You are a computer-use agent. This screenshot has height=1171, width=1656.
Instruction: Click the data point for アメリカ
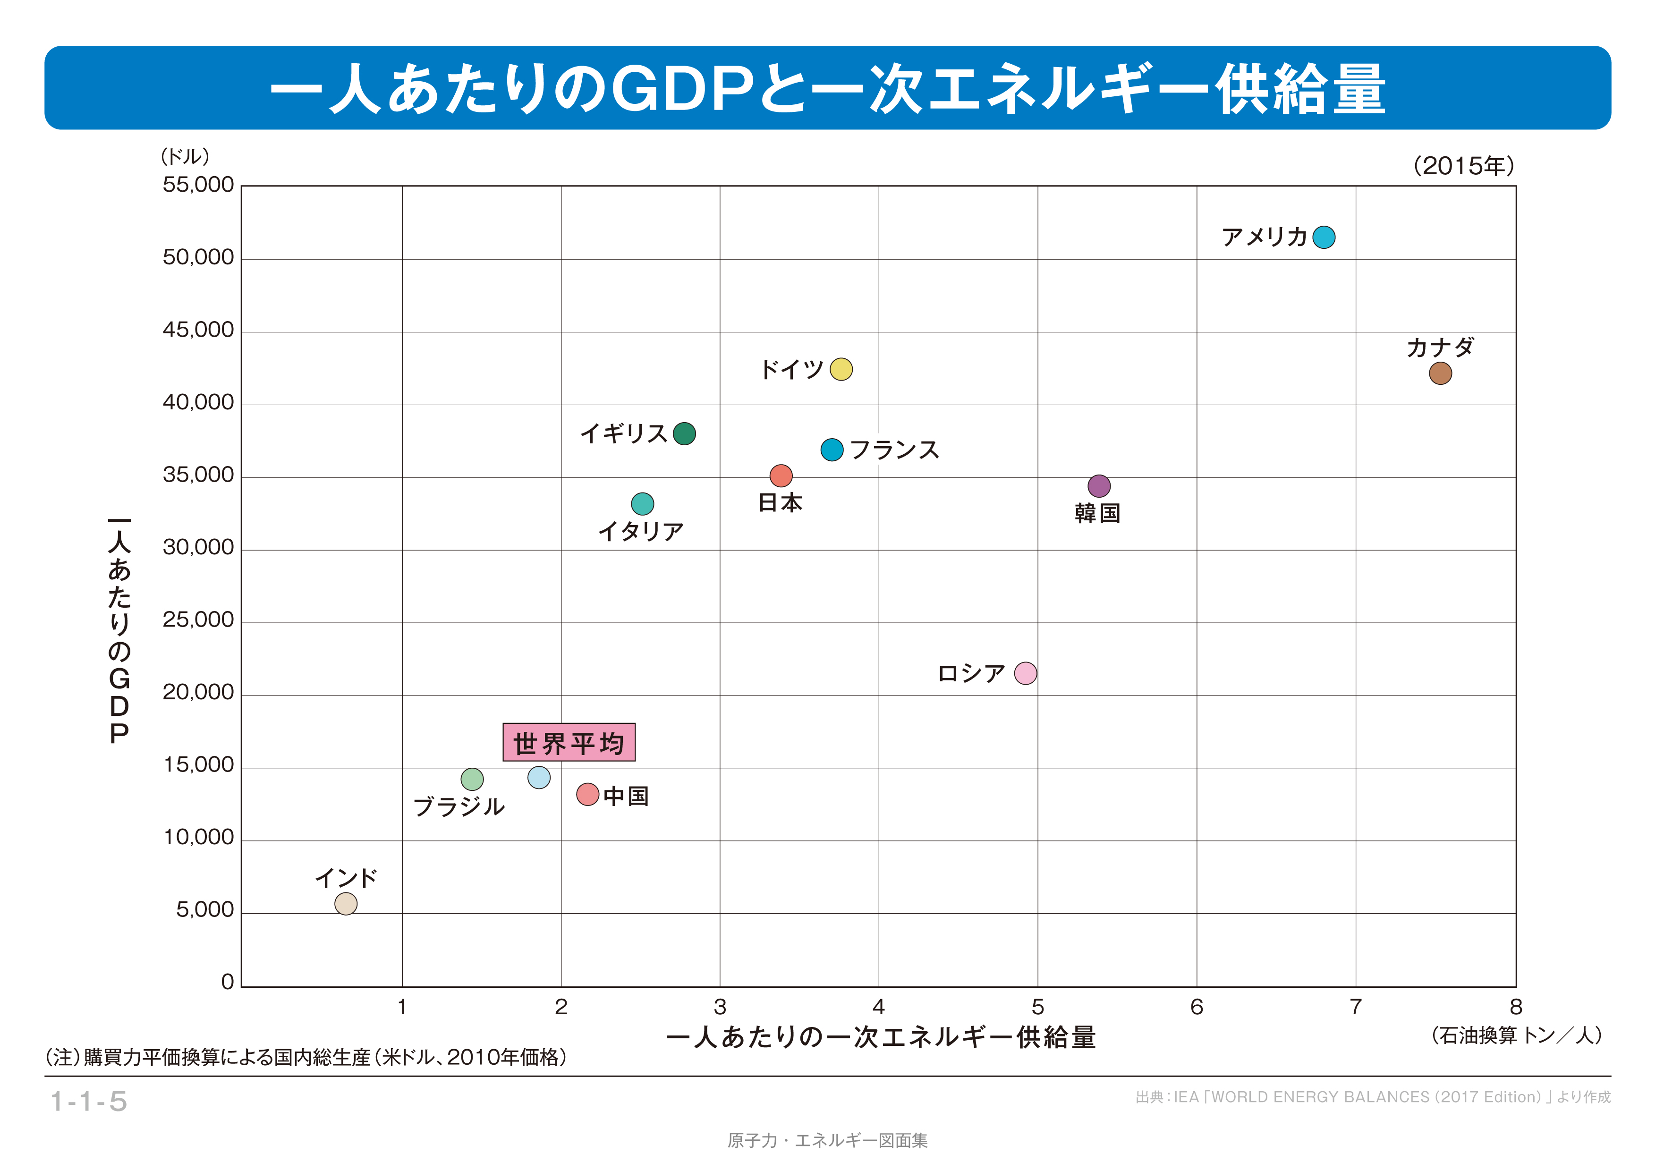click(1324, 237)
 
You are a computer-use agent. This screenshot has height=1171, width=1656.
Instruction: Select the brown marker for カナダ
click(1440, 373)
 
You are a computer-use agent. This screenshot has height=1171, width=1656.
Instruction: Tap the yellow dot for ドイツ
click(841, 369)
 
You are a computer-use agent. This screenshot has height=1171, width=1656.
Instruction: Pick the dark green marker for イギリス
click(684, 433)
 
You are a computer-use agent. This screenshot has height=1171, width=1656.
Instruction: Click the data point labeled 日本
click(781, 475)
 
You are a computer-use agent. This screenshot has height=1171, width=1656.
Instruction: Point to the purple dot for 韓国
click(1098, 486)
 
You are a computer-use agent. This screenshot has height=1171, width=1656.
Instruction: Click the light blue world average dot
click(539, 777)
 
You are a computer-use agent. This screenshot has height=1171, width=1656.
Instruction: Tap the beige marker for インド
click(346, 903)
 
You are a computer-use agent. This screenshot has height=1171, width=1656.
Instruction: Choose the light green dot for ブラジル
click(472, 779)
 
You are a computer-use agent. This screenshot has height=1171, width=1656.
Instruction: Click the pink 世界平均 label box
click(569, 742)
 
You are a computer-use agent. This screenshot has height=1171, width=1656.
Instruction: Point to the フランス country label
click(894, 450)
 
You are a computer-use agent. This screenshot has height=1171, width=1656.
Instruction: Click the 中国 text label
click(626, 796)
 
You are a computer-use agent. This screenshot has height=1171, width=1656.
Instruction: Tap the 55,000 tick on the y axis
click(198, 185)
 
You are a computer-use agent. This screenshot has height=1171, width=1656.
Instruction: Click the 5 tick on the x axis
click(1038, 1007)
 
